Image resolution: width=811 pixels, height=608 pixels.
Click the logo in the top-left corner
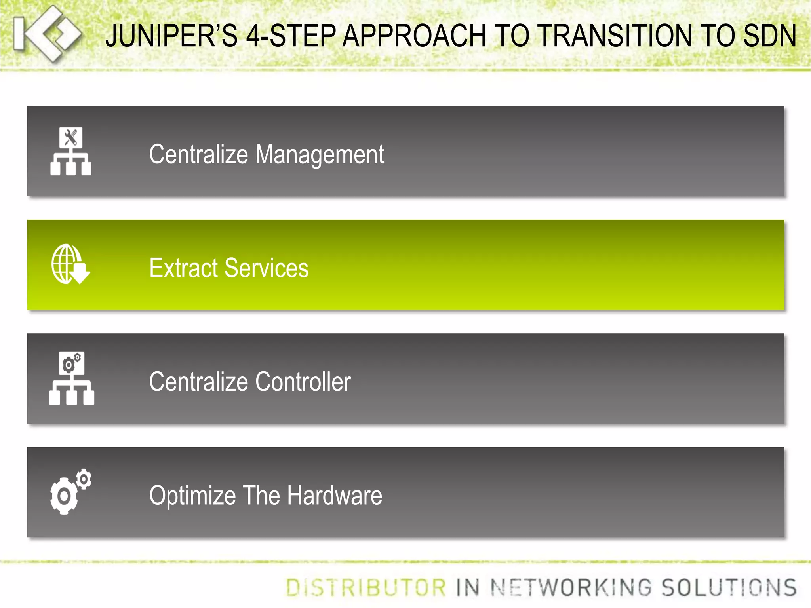tap(47, 34)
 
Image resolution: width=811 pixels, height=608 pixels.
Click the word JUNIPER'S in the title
tap(171, 36)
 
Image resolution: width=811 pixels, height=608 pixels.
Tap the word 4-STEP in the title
tap(291, 36)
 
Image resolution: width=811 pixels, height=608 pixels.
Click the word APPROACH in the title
tap(414, 36)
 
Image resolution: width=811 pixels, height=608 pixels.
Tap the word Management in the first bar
tap(320, 154)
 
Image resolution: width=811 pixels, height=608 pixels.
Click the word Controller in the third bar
tap(303, 382)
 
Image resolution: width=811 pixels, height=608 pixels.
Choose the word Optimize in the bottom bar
tap(192, 496)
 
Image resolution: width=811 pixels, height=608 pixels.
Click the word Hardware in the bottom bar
tap(335, 496)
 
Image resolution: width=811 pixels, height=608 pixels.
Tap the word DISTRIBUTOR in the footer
tap(366, 587)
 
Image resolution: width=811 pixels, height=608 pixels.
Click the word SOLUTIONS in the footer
tap(729, 587)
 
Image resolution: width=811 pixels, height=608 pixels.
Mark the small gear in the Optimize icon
tap(84, 479)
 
